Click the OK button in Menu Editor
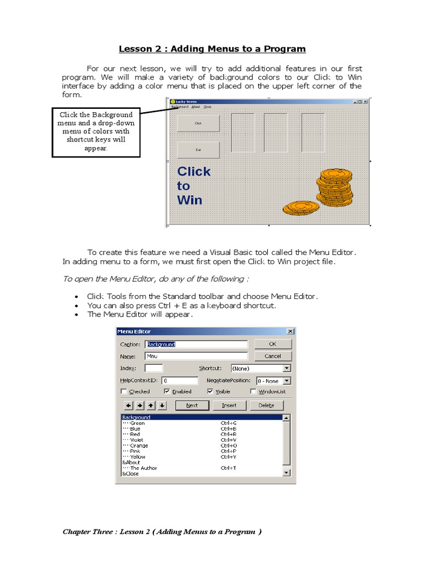coord(273,344)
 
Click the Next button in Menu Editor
coord(192,405)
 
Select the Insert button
coord(229,405)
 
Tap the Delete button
coord(266,405)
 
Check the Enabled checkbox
coord(167,391)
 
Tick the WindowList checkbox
coord(253,391)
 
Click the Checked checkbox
coord(123,391)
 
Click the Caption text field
coord(196,344)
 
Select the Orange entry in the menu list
coord(139,446)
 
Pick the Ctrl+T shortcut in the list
coord(229,468)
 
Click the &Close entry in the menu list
coord(131,474)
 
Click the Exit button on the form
coord(198,150)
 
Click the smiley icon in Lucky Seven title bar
coord(173,102)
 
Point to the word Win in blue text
coord(190,200)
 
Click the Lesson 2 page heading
coord(212,49)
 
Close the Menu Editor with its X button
coord(291,331)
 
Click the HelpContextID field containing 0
coord(179,380)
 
